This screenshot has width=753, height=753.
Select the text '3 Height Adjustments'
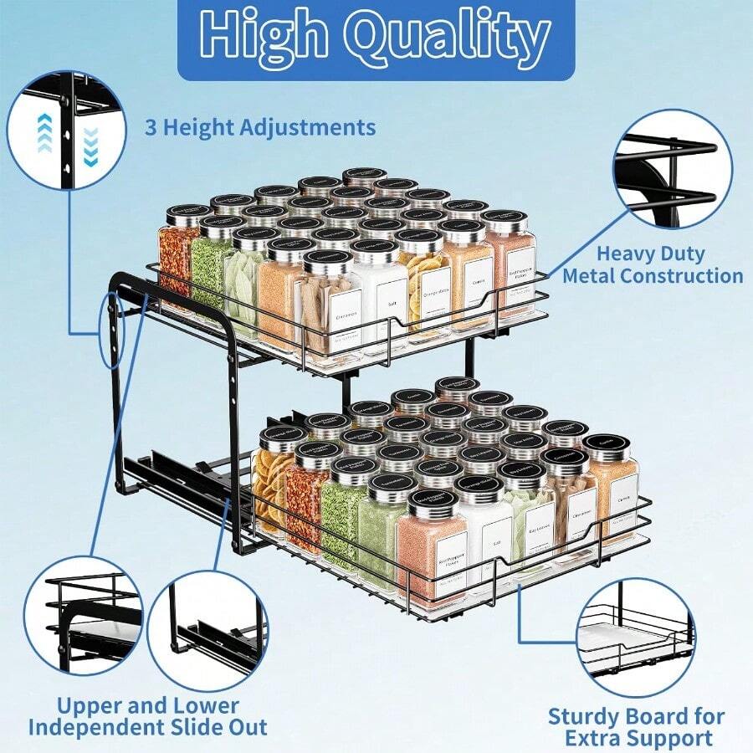pos(260,127)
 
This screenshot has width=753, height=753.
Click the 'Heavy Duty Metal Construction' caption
pos(652,264)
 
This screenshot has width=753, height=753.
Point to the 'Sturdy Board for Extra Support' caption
pos(637,726)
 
